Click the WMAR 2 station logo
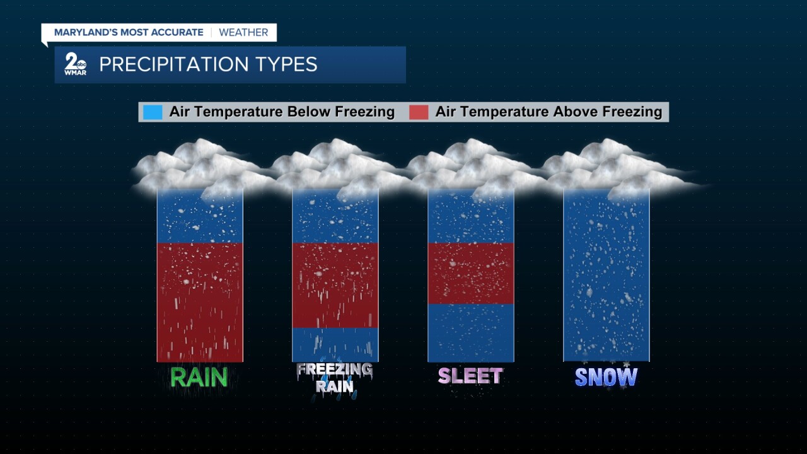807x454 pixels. tap(75, 64)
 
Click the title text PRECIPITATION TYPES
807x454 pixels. tap(208, 64)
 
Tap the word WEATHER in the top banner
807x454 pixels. tap(243, 32)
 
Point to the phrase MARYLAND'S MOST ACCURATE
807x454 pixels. tap(129, 32)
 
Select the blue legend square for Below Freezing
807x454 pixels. tap(153, 112)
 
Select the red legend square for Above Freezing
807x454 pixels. tap(419, 112)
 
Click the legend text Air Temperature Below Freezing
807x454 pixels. tap(282, 112)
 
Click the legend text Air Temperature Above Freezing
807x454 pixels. tap(549, 112)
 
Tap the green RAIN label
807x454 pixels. tap(199, 377)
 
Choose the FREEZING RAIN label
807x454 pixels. tap(335, 378)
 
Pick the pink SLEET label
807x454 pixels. tap(470, 376)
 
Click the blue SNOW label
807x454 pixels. tap(606, 377)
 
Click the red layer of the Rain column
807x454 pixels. tap(200, 302)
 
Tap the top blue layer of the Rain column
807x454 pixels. tap(200, 218)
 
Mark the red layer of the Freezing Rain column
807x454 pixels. tap(335, 285)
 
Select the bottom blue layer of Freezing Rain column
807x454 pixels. tap(335, 344)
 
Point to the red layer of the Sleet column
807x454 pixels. tap(471, 273)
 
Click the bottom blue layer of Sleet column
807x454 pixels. tap(471, 332)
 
